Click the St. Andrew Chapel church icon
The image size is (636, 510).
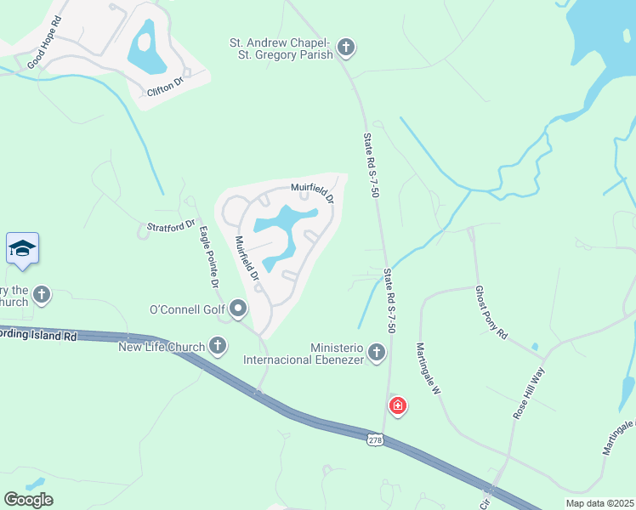(345, 48)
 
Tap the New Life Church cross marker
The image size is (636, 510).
(219, 346)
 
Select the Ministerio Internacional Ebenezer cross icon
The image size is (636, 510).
(377, 353)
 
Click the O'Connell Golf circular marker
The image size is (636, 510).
(238, 309)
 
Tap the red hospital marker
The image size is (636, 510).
(397, 406)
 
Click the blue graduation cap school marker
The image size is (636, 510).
(22, 248)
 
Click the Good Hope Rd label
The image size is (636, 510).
(44, 52)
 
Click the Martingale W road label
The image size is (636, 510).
(428, 369)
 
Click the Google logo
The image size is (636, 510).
(29, 499)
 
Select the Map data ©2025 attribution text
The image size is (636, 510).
(599, 502)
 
